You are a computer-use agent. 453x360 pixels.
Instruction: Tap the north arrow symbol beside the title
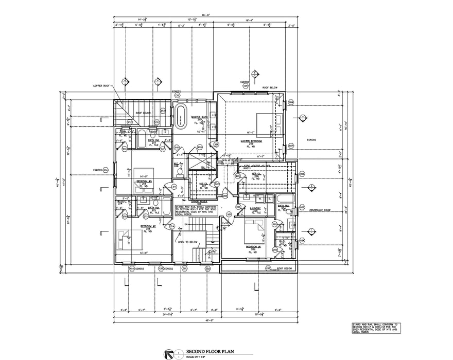click(x=168, y=354)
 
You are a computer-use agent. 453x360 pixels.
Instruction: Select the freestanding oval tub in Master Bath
click(x=181, y=117)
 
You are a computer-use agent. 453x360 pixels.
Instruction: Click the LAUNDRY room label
click(x=255, y=208)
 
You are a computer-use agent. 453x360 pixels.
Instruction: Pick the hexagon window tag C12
click(x=130, y=122)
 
